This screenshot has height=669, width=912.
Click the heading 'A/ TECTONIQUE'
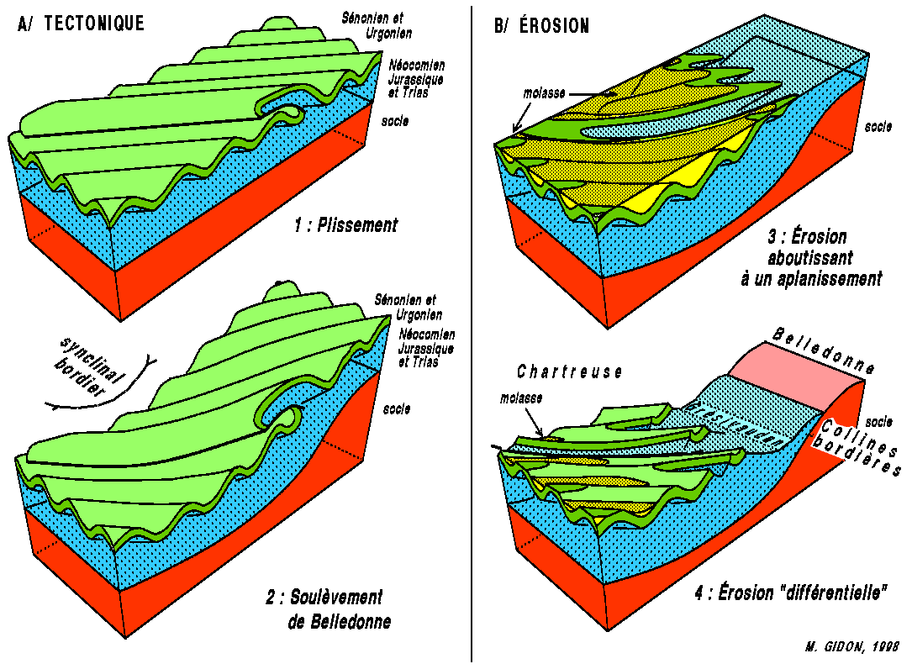click(x=81, y=24)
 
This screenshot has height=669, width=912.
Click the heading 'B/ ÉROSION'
click(x=542, y=26)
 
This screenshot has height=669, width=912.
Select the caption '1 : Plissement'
click(x=345, y=224)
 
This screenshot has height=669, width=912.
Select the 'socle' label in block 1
click(x=394, y=121)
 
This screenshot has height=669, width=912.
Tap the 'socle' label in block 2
click(x=396, y=409)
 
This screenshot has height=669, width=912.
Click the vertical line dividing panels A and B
click(x=472, y=336)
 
